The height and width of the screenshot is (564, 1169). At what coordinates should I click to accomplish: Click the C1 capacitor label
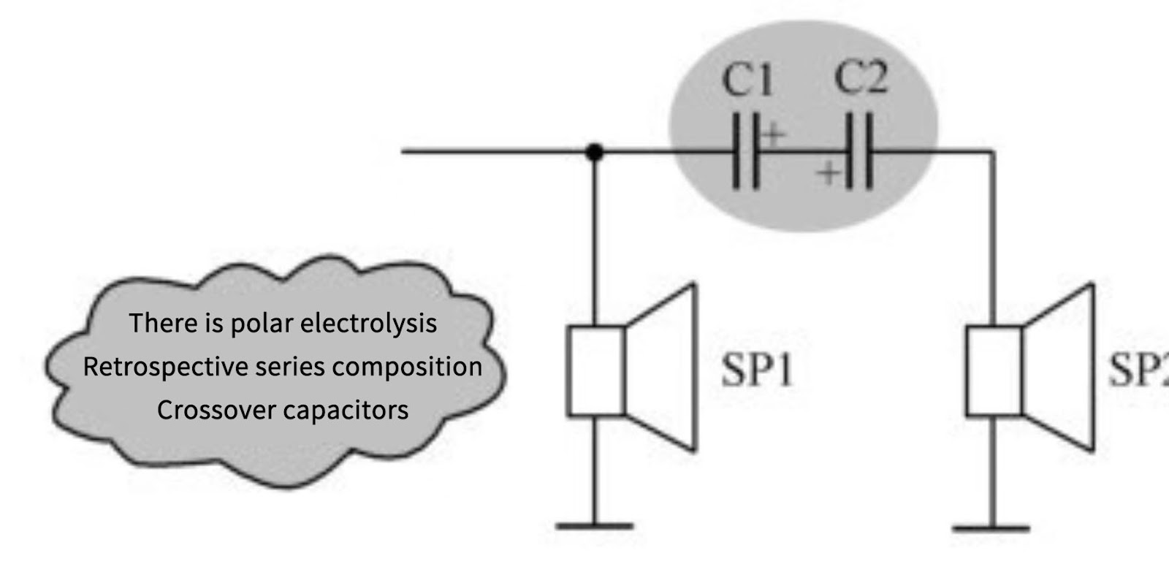(747, 80)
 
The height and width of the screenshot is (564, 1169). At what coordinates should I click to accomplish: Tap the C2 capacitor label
(861, 77)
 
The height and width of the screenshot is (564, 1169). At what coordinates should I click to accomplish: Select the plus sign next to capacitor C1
(773, 135)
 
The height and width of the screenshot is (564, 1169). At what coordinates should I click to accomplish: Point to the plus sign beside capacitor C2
(829, 172)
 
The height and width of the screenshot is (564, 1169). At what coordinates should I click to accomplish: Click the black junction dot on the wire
(594, 153)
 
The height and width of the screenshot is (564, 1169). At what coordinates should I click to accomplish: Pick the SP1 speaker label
(757, 371)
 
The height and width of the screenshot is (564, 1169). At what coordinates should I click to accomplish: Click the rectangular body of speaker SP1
(596, 371)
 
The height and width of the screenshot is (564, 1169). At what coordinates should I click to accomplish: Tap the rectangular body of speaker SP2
(994, 371)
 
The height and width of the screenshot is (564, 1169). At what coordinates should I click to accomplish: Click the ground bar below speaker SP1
(595, 526)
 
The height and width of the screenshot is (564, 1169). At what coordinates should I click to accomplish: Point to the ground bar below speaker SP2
(991, 528)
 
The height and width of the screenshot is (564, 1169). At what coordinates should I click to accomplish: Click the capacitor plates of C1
(746, 150)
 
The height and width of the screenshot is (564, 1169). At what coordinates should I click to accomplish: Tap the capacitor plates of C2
(859, 150)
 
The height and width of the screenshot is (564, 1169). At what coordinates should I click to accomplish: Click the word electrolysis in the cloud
(368, 324)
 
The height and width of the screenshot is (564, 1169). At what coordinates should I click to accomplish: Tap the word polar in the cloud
(262, 324)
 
